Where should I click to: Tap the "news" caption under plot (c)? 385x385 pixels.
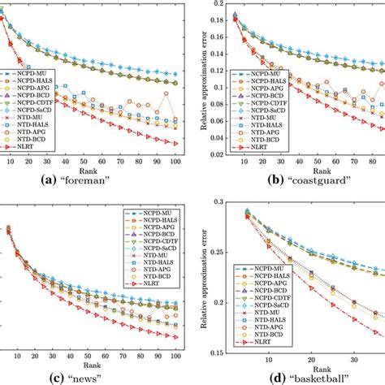[x=102, y=375]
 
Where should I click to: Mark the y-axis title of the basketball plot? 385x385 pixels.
[x=205, y=280]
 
